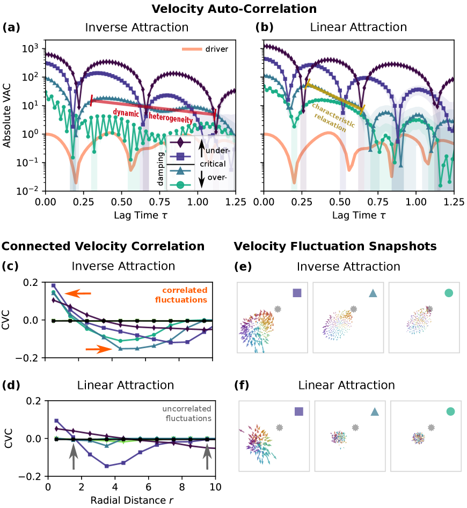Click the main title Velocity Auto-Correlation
pos(233,9)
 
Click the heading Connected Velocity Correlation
pos(103,246)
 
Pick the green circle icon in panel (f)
pos(450,411)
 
